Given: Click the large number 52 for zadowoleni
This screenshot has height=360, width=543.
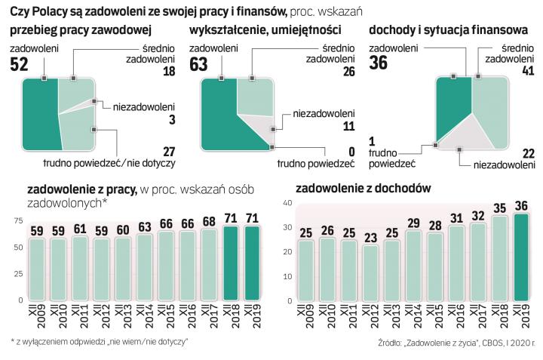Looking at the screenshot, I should coord(20,65).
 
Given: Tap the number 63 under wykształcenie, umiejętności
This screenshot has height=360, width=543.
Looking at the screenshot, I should coord(198,65).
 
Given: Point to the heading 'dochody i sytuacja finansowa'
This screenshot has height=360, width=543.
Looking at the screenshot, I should coord(448,30).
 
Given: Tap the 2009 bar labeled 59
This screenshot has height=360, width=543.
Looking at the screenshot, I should coord(36,268).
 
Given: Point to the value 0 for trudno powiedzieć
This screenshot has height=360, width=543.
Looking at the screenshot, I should coord(351,151).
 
